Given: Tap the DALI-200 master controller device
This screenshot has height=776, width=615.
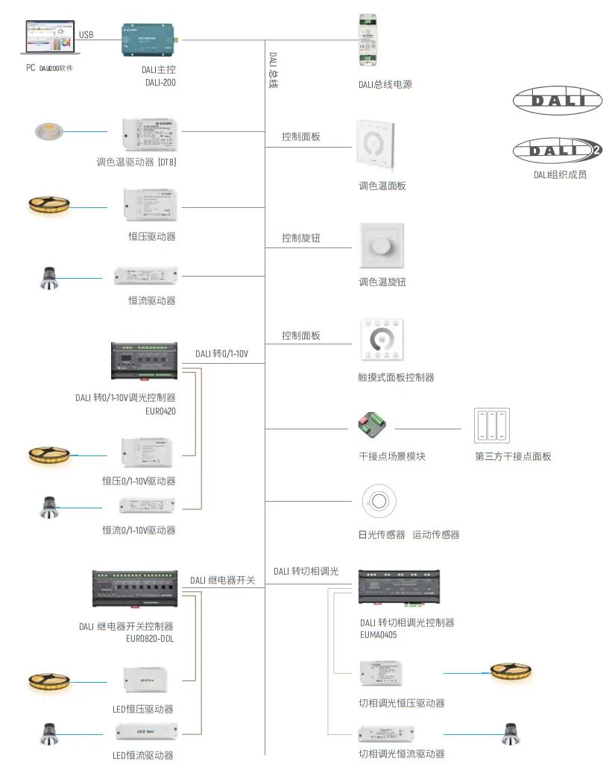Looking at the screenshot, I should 148,40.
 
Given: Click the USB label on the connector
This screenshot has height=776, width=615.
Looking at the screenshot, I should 86,34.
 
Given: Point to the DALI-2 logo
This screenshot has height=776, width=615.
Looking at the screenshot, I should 557,151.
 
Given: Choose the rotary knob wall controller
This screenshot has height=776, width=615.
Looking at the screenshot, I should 382,245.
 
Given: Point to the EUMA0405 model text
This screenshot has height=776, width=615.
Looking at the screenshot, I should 379,635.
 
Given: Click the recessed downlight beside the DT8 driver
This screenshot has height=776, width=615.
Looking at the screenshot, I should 51,132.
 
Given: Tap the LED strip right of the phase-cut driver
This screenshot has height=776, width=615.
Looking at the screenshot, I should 511,671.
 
